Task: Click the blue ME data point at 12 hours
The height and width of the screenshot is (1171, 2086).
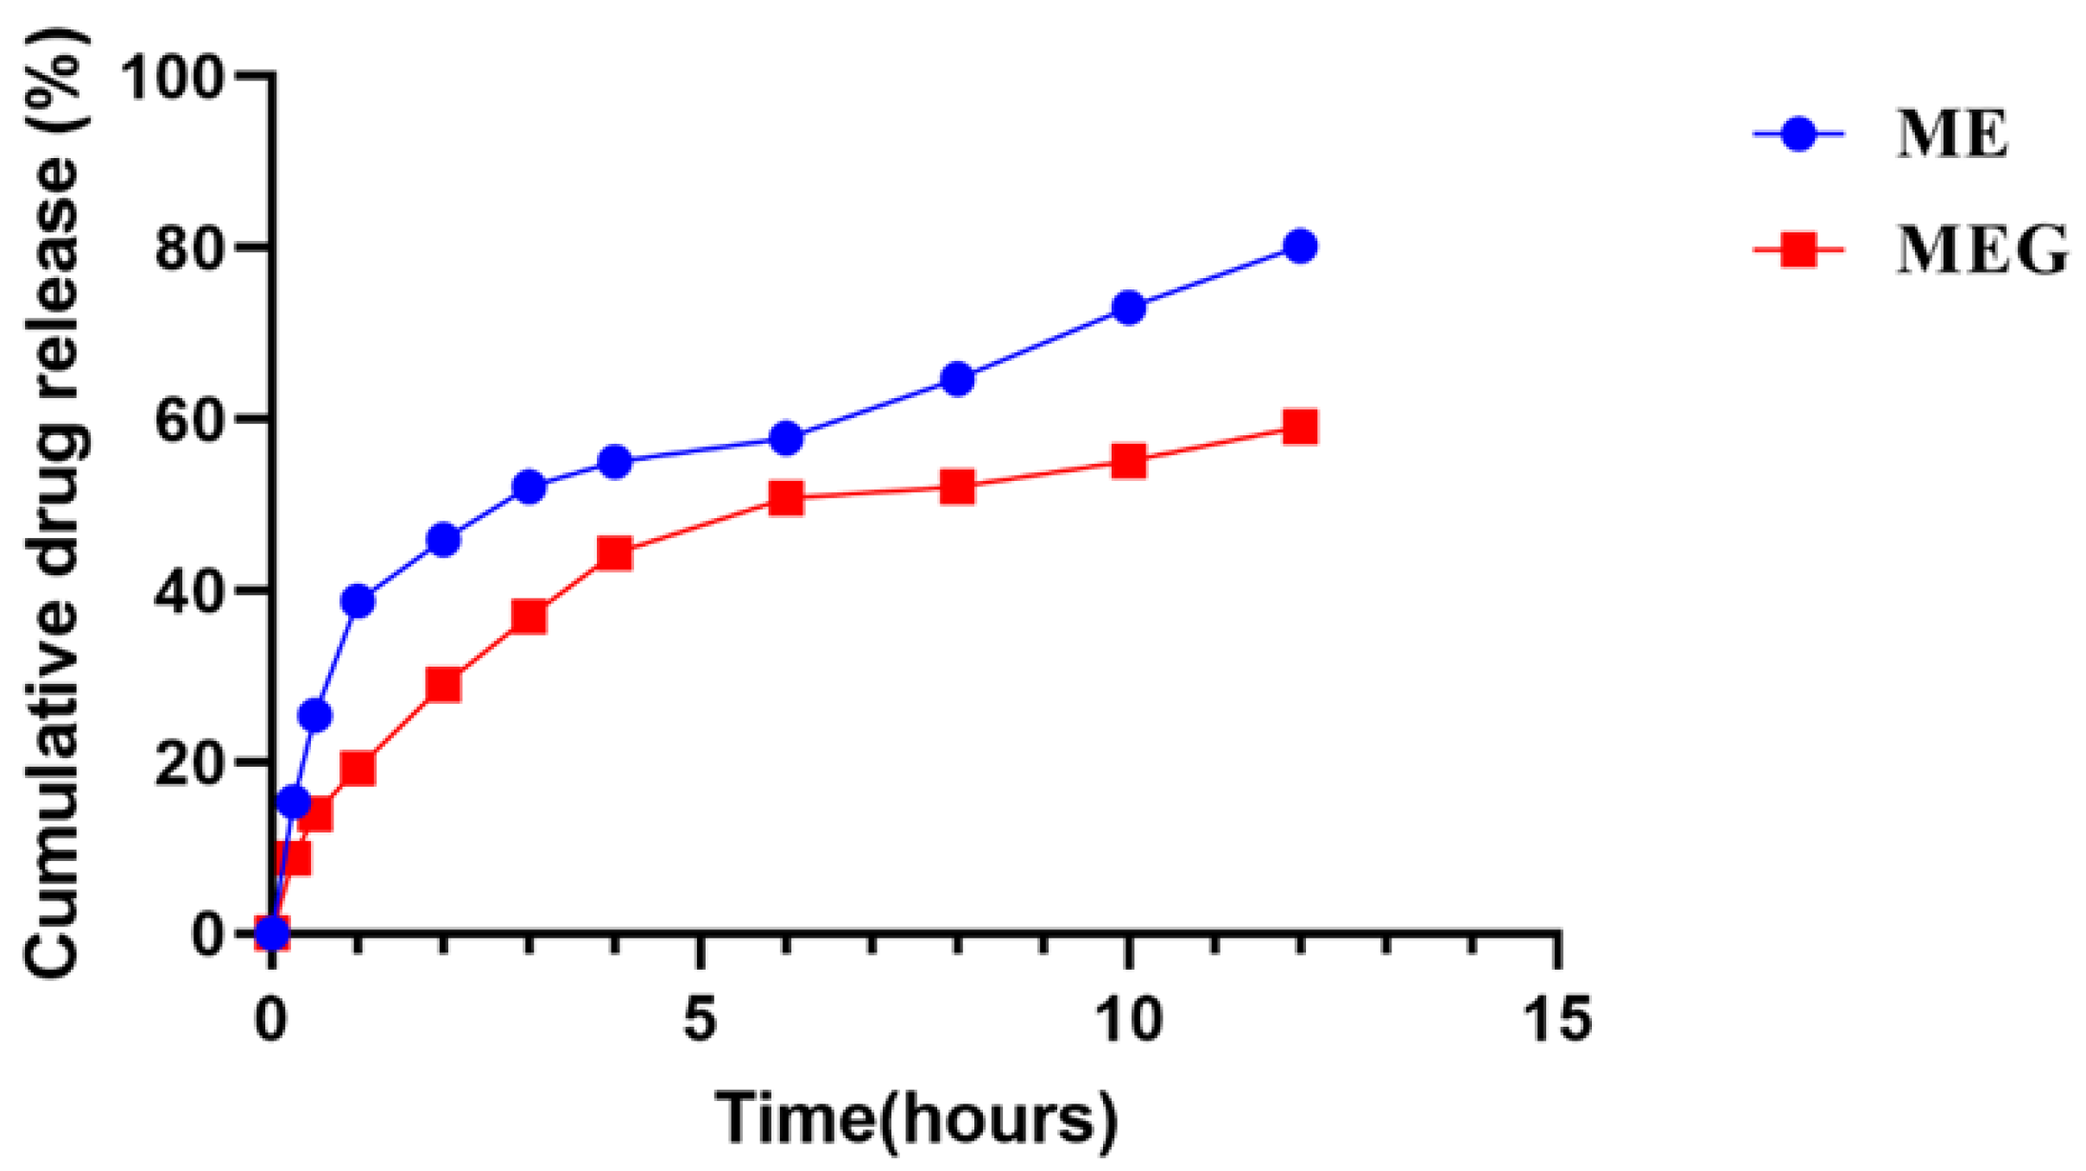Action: pos(1300,246)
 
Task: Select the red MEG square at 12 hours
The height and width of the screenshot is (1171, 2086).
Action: pos(1300,427)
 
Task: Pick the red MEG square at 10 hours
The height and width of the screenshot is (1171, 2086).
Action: pos(1129,461)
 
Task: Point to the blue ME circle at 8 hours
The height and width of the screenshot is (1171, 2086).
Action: pos(957,379)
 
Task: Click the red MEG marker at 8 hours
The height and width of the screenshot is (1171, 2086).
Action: pos(957,487)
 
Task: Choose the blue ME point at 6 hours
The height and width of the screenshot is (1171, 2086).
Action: pos(786,439)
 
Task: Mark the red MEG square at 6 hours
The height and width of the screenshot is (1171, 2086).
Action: pos(786,497)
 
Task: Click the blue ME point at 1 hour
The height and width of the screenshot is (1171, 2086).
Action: pos(358,600)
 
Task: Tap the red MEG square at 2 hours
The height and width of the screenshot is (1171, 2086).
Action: pos(443,685)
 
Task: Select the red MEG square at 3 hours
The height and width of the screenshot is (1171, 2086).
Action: pos(529,617)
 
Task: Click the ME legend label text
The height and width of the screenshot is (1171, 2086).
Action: pos(1951,135)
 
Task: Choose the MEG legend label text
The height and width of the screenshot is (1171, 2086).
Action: pos(1981,250)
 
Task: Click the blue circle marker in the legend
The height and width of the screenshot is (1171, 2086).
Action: pos(1798,134)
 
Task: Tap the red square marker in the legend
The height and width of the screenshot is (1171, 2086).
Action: pos(1798,250)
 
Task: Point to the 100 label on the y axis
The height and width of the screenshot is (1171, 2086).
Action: pos(173,78)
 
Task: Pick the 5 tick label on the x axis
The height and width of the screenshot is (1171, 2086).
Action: pos(700,1020)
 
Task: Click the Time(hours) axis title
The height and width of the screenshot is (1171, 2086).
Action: pos(916,1120)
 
